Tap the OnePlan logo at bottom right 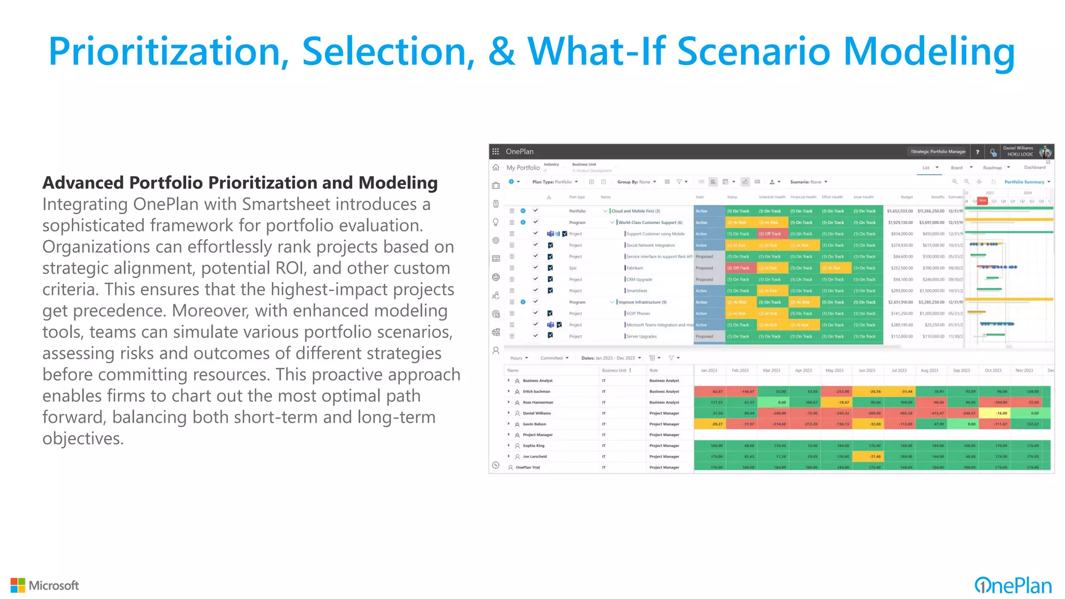(x=1013, y=585)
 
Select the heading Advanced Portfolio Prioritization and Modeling (x=240, y=183)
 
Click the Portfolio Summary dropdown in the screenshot (x=1027, y=182)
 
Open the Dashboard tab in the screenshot (x=1034, y=167)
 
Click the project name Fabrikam (x=634, y=268)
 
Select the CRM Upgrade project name (x=639, y=280)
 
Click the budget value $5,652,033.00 (x=900, y=211)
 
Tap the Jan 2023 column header (x=709, y=371)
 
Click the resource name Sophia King (x=534, y=446)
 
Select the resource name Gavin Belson (x=535, y=424)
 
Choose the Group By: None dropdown (x=637, y=182)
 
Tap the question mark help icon (x=978, y=152)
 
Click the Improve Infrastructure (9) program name (x=642, y=302)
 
